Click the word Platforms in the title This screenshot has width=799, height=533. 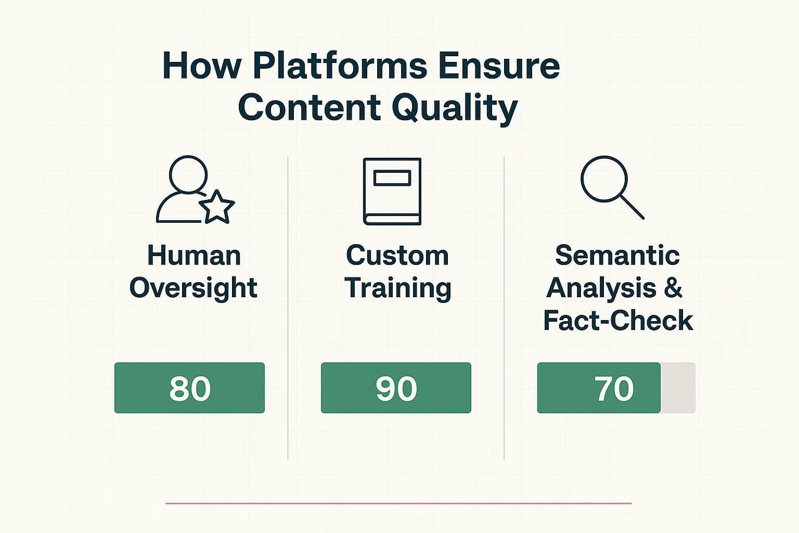[x=340, y=66]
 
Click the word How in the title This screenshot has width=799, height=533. [x=202, y=66]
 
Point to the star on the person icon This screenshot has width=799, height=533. [x=216, y=207]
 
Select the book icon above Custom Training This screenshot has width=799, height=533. [x=392, y=191]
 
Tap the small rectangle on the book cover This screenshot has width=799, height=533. [x=392, y=178]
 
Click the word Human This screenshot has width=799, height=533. [x=194, y=256]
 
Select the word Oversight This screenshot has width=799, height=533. [x=193, y=288]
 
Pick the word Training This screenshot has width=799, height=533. [x=398, y=288]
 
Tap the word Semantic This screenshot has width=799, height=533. [x=617, y=256]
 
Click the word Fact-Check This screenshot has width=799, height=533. [x=618, y=321]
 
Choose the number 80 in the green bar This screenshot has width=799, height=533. [x=190, y=388]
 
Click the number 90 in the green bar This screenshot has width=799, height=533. [x=396, y=388]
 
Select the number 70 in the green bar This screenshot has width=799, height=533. [x=614, y=388]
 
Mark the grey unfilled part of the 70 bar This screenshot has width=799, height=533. [x=678, y=388]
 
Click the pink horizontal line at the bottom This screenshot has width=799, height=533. [x=398, y=503]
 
